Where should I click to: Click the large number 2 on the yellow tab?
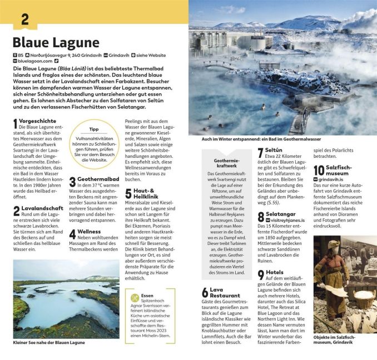(x=24, y=18)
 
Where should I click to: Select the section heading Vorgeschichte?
(x=38, y=120)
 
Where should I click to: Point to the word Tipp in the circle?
(x=93, y=129)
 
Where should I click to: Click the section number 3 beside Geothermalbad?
(x=72, y=182)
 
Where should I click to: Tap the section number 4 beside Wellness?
(x=72, y=234)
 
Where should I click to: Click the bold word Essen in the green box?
(x=147, y=296)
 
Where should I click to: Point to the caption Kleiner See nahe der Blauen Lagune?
(x=48, y=343)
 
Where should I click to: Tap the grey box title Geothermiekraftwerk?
(x=226, y=163)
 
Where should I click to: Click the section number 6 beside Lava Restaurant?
(x=205, y=293)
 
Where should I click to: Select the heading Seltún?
(x=274, y=150)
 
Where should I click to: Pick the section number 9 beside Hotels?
(x=260, y=274)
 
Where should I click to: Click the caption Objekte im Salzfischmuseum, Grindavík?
(x=338, y=340)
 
